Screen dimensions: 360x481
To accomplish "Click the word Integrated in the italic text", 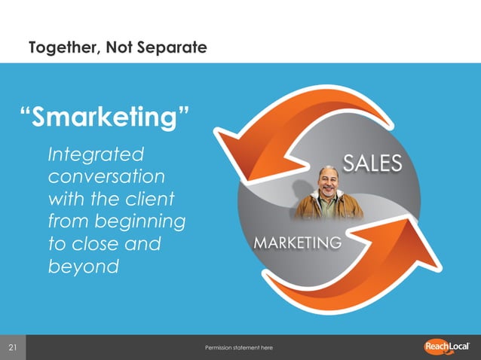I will pos(95,154).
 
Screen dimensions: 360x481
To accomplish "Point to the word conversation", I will pos(106,177).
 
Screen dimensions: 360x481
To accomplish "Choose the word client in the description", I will pos(149,200).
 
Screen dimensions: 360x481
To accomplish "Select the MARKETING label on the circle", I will pos(297,243).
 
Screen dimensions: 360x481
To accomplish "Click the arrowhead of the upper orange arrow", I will pos(254,136).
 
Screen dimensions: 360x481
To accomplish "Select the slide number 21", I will pos(13,347).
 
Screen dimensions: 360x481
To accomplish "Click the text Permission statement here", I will pos(238,348).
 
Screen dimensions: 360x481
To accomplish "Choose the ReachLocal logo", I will pos(449,346).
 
